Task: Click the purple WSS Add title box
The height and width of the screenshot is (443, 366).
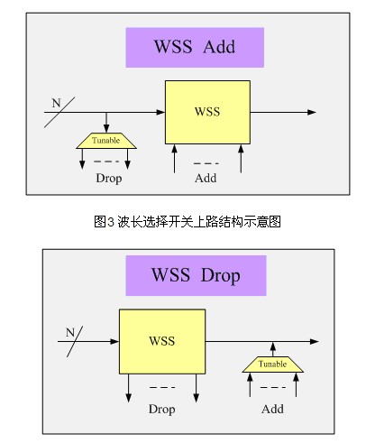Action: [x=195, y=47]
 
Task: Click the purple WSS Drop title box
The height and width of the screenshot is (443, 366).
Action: [x=196, y=275]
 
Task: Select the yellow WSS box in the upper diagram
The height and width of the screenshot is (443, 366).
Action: [x=207, y=112]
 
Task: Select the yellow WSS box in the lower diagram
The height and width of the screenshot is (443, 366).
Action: [x=162, y=342]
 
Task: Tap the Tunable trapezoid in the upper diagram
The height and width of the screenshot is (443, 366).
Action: [x=106, y=141]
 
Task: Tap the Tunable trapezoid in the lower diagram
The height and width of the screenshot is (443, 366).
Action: [x=273, y=365]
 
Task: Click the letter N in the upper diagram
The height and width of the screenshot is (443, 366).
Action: [x=56, y=103]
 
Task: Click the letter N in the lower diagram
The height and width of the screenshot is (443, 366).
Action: [x=70, y=332]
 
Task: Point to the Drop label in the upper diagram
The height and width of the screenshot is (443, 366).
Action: [x=109, y=178]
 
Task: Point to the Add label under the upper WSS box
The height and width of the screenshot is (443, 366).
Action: [x=206, y=178]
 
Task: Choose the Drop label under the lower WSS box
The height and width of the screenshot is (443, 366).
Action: [x=161, y=410]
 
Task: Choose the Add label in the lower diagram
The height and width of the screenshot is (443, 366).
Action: [x=272, y=409]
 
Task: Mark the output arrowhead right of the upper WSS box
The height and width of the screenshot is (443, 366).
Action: [x=312, y=112]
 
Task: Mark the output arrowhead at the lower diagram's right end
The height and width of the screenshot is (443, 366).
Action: [x=314, y=342]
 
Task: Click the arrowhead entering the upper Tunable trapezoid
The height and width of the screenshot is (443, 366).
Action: [x=106, y=128]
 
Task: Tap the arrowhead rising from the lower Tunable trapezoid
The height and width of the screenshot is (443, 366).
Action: [x=273, y=346]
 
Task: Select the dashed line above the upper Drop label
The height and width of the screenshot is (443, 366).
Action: [x=106, y=162]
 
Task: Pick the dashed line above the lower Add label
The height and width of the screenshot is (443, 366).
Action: [x=273, y=388]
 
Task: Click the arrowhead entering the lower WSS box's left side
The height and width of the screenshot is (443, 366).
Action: [x=114, y=342]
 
